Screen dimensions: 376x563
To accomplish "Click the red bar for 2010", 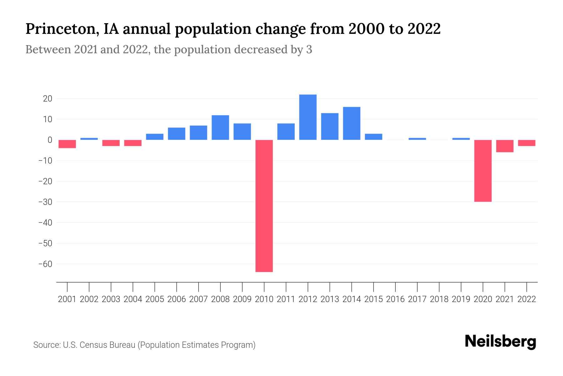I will pos(264,206).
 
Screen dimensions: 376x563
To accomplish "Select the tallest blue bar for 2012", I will pos(308,117).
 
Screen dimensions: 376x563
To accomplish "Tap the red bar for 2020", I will pos(483,171).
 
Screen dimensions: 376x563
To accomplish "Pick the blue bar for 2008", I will pos(220,128).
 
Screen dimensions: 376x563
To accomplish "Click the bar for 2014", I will pos(352,123).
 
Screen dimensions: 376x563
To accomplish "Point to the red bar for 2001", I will pos(67,144).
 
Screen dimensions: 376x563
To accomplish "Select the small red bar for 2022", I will pos(526,143).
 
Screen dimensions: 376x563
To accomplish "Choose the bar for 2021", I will pos(505,146).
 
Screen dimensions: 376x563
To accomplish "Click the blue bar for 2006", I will pos(176,134).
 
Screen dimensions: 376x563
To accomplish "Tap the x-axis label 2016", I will pos(395,299).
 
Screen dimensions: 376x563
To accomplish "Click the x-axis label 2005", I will pos(155,299).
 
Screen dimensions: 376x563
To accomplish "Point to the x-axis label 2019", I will pos(461,299).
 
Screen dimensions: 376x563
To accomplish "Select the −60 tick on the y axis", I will pos(45,264).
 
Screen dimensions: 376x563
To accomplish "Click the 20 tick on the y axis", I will pos(48,99).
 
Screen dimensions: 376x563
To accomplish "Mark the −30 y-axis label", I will pos(45,202).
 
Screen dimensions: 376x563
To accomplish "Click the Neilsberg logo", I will pos(500,342).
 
